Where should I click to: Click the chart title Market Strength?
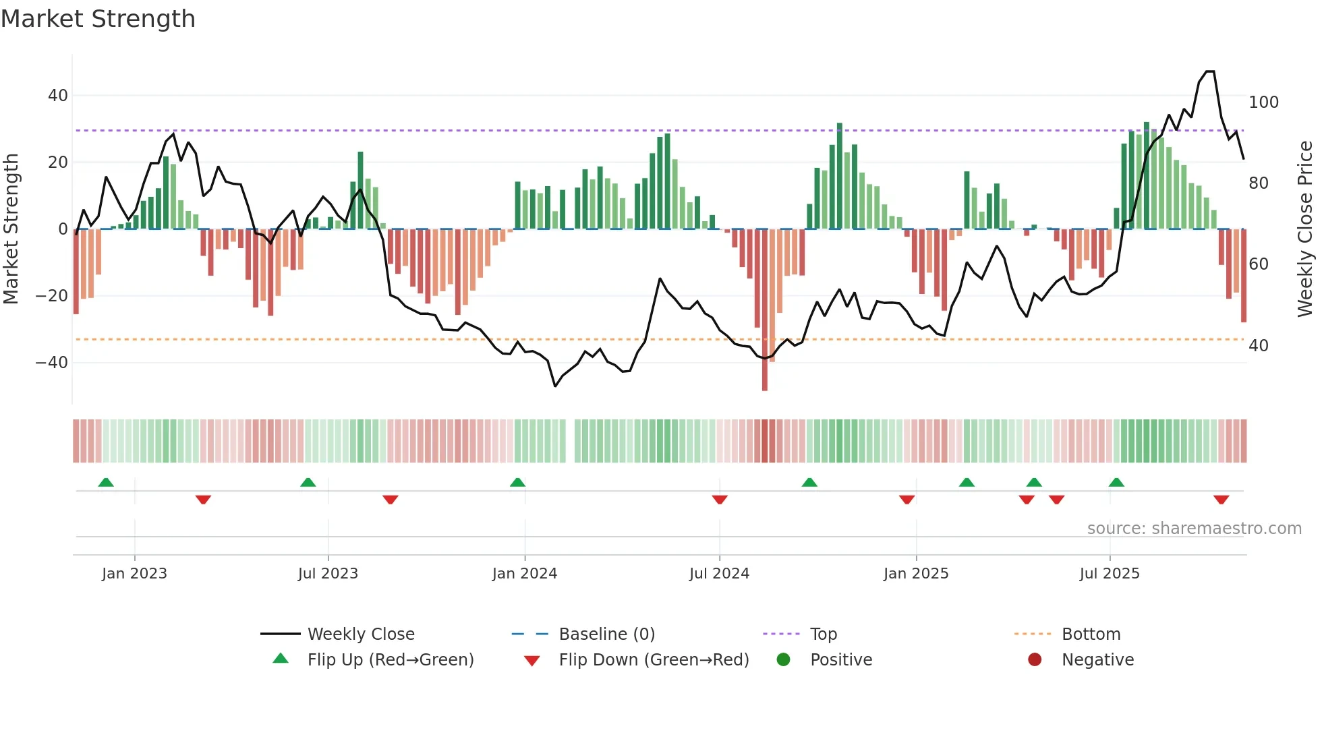98,19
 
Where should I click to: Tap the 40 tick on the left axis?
57,96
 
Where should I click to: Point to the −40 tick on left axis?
52,363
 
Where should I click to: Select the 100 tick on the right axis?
1263,102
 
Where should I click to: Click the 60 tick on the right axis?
1258,264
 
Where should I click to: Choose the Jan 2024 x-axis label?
524,574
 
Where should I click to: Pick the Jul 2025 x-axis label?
1109,574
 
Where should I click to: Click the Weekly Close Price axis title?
1305,229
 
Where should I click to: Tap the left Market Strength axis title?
11,229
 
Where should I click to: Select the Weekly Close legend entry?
361,634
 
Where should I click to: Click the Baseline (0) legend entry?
606,634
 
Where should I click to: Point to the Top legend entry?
823,634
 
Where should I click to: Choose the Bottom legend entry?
1091,634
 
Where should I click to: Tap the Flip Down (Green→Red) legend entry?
653,660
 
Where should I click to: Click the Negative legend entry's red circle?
1035,659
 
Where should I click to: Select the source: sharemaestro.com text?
1194,529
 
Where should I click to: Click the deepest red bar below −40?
764,378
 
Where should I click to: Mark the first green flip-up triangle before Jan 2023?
106,482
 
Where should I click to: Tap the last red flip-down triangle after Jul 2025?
1221,500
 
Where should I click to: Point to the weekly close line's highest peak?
1210,71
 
